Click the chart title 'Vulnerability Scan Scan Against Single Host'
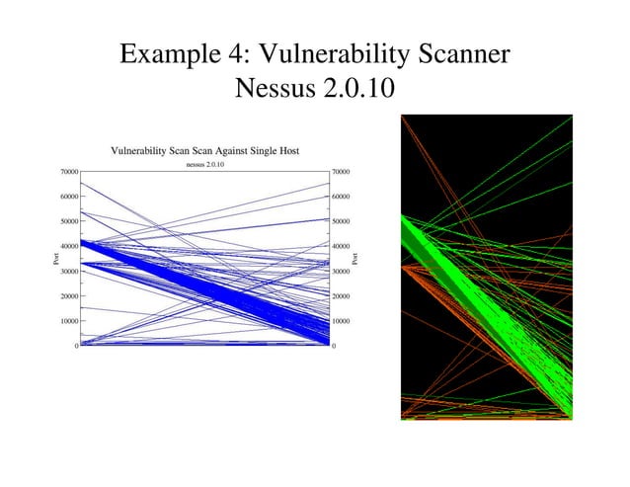205,151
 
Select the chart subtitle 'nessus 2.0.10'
205,164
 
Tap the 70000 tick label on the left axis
66,172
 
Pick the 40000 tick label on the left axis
66,246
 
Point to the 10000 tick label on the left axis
66,321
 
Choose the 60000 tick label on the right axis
345,197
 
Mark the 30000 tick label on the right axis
345,272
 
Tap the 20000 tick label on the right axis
345,296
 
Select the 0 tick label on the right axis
336,346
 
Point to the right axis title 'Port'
356,259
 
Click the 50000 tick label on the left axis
66,221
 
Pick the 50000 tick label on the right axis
345,221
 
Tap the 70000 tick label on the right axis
345,172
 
